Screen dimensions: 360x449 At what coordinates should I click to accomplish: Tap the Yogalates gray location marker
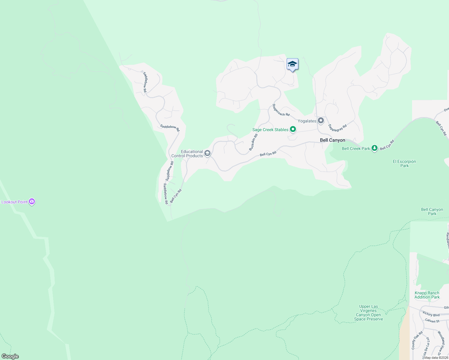coord(321,121)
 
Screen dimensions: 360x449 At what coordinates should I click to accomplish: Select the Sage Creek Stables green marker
coord(293,129)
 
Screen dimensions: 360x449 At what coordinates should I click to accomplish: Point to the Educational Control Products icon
coord(207,154)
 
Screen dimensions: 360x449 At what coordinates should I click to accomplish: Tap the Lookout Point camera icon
coord(32,202)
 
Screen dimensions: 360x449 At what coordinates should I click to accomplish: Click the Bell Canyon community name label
coord(332,140)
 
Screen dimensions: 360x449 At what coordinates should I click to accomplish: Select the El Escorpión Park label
coord(404,163)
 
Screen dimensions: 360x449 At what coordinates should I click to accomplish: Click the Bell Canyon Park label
coord(432,211)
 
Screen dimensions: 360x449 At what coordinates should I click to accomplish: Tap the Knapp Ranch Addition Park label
coord(427,295)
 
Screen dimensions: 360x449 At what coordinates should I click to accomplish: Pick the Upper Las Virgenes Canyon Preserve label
coord(368,313)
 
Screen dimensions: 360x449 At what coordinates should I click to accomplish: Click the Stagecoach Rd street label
coord(281,110)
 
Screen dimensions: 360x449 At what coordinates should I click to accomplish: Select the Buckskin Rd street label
coord(253,142)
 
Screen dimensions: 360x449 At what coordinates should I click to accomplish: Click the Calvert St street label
coord(432,321)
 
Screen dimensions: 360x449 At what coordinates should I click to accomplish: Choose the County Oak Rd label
coord(417,340)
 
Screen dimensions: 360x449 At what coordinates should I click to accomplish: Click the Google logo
coord(10,356)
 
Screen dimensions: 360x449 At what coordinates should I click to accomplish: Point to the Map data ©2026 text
coord(436,358)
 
